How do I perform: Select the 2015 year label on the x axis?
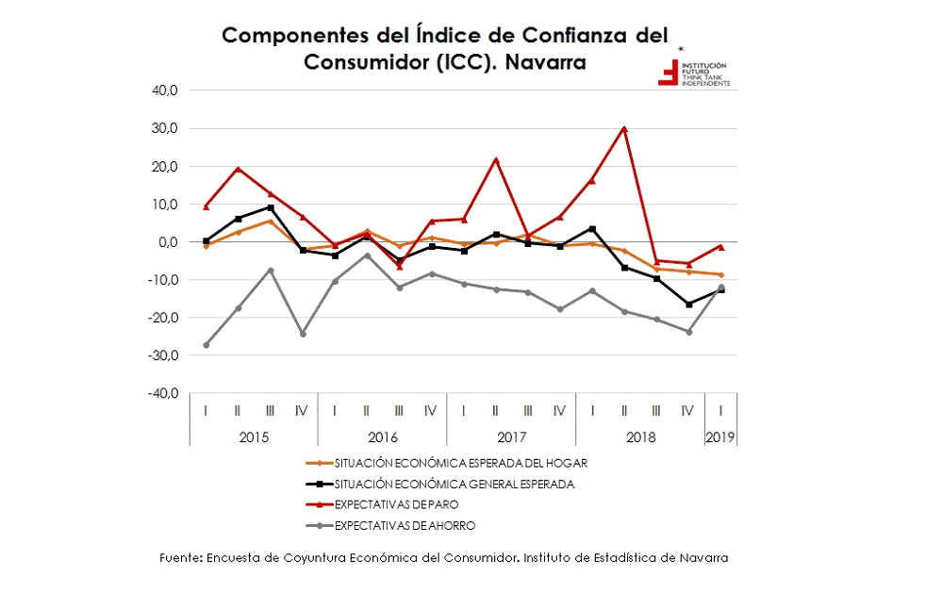point(254,437)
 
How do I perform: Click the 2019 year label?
point(721,437)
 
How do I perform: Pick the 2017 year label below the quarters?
point(511,437)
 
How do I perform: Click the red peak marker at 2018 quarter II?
point(624,128)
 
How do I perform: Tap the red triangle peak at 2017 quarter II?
point(496,160)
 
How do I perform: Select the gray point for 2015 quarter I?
point(206,345)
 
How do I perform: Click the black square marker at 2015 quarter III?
point(271,207)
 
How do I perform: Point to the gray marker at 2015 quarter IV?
point(303,334)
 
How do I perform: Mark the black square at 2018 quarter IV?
point(689,304)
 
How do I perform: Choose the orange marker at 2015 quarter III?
point(271,222)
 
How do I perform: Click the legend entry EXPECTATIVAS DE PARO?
point(396,504)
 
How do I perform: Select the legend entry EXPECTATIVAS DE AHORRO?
point(405,525)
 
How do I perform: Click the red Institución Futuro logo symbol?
point(668,73)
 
